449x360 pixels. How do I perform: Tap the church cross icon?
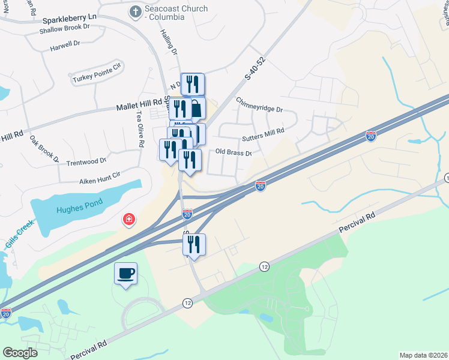tap(135, 11)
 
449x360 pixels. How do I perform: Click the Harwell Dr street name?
tap(65, 45)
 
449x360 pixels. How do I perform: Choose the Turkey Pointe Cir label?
tap(96, 76)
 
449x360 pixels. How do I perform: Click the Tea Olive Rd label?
tap(140, 130)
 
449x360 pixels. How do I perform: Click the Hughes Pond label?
tap(77, 209)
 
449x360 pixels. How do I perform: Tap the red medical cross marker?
tap(128, 220)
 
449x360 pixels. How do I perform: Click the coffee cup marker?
tap(126, 274)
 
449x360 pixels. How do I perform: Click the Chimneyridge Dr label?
tap(259, 104)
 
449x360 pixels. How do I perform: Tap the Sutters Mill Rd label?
tap(262, 134)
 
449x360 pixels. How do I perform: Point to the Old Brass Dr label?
tap(232, 152)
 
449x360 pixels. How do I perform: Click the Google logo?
tap(20, 352)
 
